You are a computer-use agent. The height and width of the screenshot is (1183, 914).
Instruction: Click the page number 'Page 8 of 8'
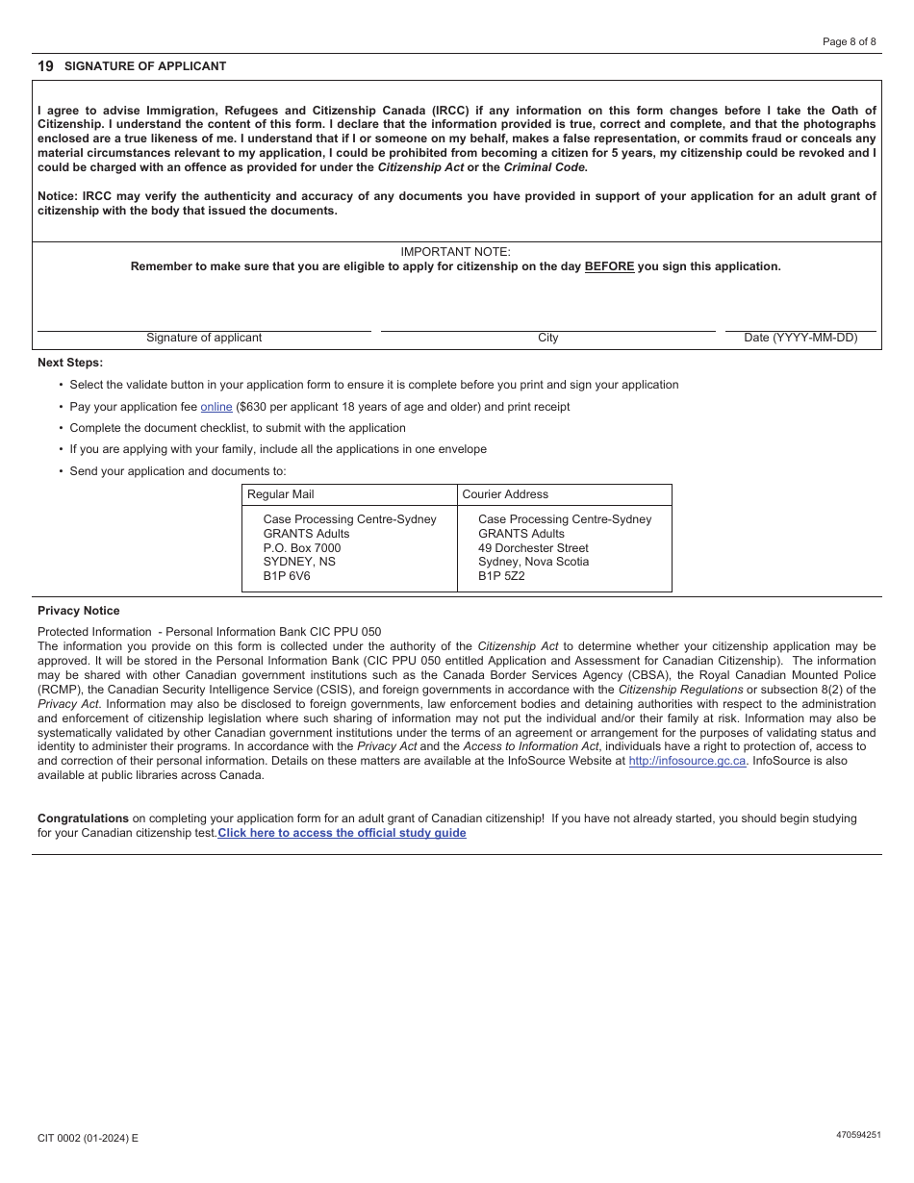(x=849, y=41)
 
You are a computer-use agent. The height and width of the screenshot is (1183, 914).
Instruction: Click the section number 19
(x=45, y=66)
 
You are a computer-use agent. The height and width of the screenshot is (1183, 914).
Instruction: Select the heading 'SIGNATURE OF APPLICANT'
(x=145, y=66)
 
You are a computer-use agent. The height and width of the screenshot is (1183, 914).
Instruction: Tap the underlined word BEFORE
(x=609, y=266)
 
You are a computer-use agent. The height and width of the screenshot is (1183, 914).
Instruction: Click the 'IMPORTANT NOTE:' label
(x=455, y=252)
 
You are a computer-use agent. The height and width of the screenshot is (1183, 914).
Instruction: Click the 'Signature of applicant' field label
(x=204, y=338)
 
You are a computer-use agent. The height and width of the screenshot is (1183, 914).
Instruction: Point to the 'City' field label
(x=547, y=338)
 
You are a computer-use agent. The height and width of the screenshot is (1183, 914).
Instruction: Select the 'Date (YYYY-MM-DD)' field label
(x=800, y=338)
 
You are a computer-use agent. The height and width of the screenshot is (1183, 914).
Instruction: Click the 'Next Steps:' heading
(x=70, y=363)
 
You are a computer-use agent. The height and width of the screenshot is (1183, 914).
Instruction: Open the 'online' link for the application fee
(x=216, y=407)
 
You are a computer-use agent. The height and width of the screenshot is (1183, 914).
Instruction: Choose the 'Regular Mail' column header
(x=281, y=494)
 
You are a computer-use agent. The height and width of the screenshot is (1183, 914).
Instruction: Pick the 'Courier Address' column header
(x=505, y=494)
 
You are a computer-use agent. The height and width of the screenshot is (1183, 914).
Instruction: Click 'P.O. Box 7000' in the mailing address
(x=302, y=548)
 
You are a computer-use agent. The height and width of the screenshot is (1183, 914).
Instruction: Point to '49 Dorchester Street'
(x=533, y=548)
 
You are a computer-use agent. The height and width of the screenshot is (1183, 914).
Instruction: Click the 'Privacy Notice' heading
(x=79, y=611)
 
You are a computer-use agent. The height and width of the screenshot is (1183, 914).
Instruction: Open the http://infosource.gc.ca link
(x=687, y=761)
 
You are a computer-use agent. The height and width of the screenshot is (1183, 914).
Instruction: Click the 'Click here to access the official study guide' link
(x=342, y=833)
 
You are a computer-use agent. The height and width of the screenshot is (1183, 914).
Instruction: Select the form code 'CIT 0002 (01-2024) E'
(x=88, y=1138)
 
